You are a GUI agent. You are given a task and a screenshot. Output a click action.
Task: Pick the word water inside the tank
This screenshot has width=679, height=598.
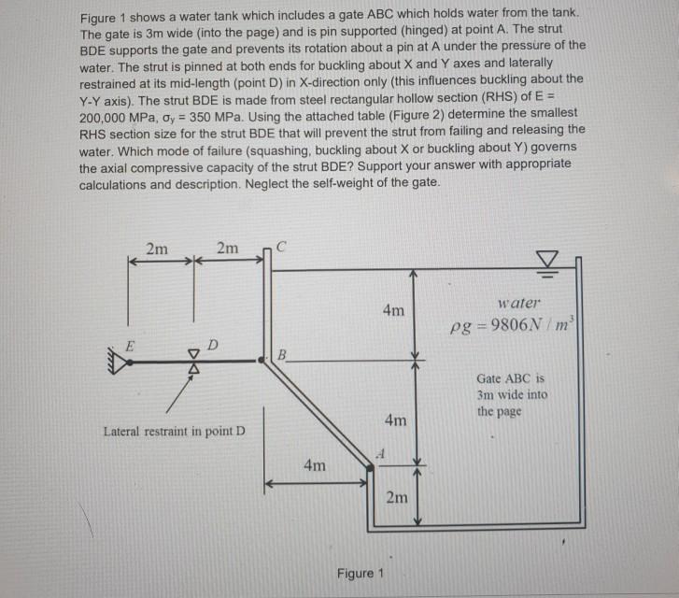pyautogui.click(x=519, y=302)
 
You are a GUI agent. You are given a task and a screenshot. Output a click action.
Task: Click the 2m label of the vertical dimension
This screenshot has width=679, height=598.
pyautogui.click(x=397, y=497)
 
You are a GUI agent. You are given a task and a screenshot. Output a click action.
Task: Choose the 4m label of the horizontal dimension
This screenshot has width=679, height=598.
pyautogui.click(x=315, y=465)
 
